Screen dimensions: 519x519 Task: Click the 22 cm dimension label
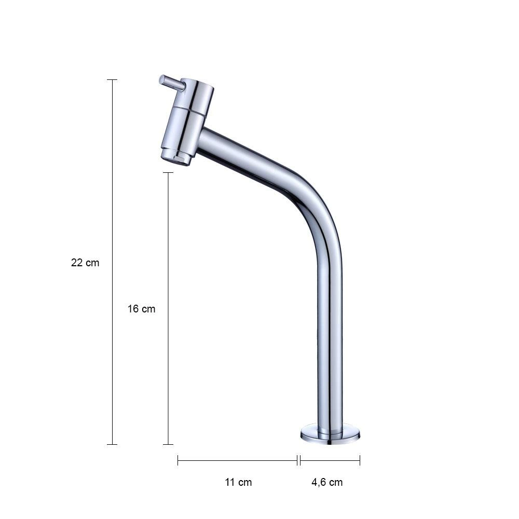85,263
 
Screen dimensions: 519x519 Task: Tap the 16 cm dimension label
141,309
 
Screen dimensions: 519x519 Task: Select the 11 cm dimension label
238,482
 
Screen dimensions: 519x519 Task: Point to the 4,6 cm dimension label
327,482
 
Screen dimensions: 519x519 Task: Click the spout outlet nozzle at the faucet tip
176,158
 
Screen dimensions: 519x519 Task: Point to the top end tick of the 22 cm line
112,80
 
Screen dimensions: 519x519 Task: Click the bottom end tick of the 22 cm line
112,444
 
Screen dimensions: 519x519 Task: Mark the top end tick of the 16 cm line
168,172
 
